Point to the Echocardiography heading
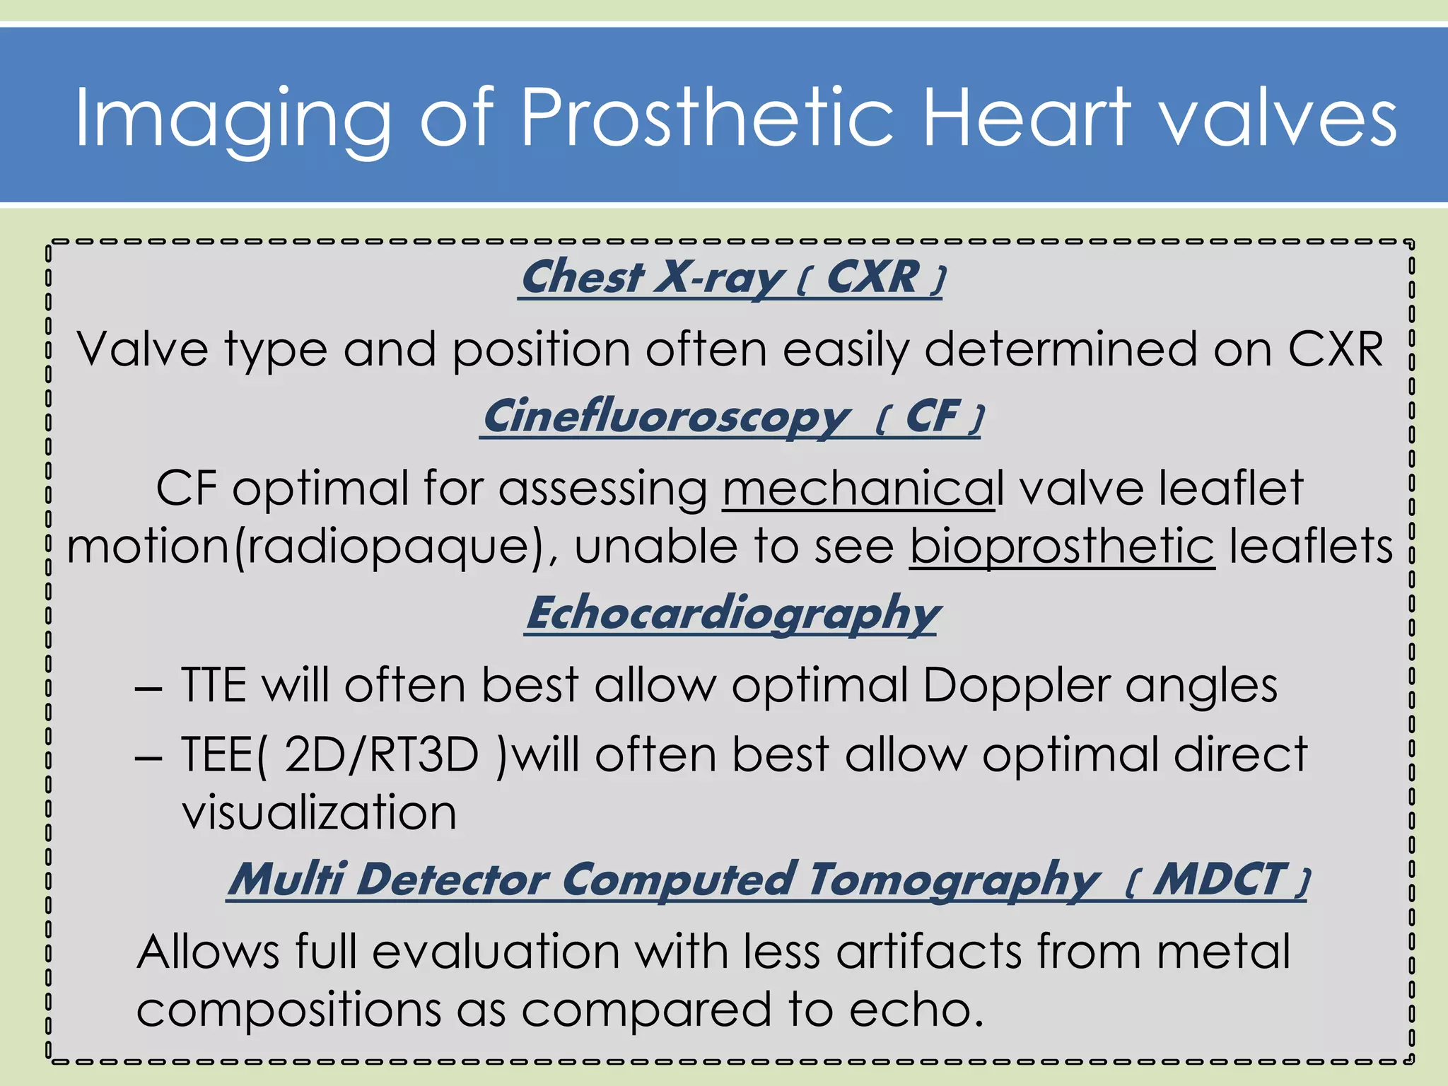click(x=731, y=612)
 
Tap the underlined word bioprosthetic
click(x=1062, y=546)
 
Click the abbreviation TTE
click(x=214, y=685)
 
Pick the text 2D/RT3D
click(x=382, y=754)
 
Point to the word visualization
click(x=320, y=812)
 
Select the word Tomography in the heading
click(x=954, y=880)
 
